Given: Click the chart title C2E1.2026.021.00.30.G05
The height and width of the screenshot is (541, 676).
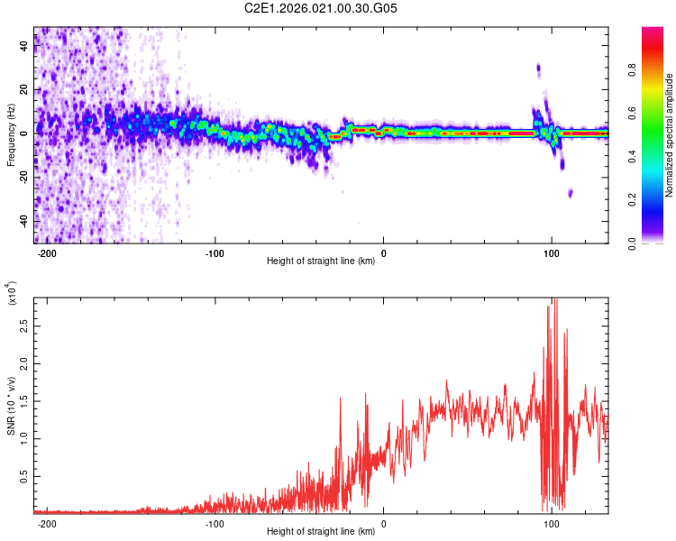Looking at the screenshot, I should (x=339, y=9).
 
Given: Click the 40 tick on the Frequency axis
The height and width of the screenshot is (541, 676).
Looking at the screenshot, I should (x=25, y=46).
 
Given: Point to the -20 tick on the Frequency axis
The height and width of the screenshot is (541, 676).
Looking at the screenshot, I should (x=25, y=178).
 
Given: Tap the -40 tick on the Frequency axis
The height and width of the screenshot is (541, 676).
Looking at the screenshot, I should (x=25, y=222).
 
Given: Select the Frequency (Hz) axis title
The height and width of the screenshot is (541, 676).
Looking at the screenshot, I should (x=11, y=134).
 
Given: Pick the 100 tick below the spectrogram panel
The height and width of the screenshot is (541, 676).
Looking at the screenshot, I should (x=552, y=252).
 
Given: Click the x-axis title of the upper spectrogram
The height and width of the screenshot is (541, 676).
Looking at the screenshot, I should (x=321, y=261).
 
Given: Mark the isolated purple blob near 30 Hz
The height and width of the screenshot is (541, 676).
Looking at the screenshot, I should (x=538, y=68).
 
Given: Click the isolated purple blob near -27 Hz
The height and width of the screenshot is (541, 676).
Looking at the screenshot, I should (x=571, y=193).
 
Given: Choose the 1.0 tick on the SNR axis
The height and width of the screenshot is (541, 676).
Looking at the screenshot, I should (x=25, y=438).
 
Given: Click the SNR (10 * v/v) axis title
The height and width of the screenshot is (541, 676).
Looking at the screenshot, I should (x=11, y=405).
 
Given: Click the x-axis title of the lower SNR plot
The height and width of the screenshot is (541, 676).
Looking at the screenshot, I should (x=321, y=531).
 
